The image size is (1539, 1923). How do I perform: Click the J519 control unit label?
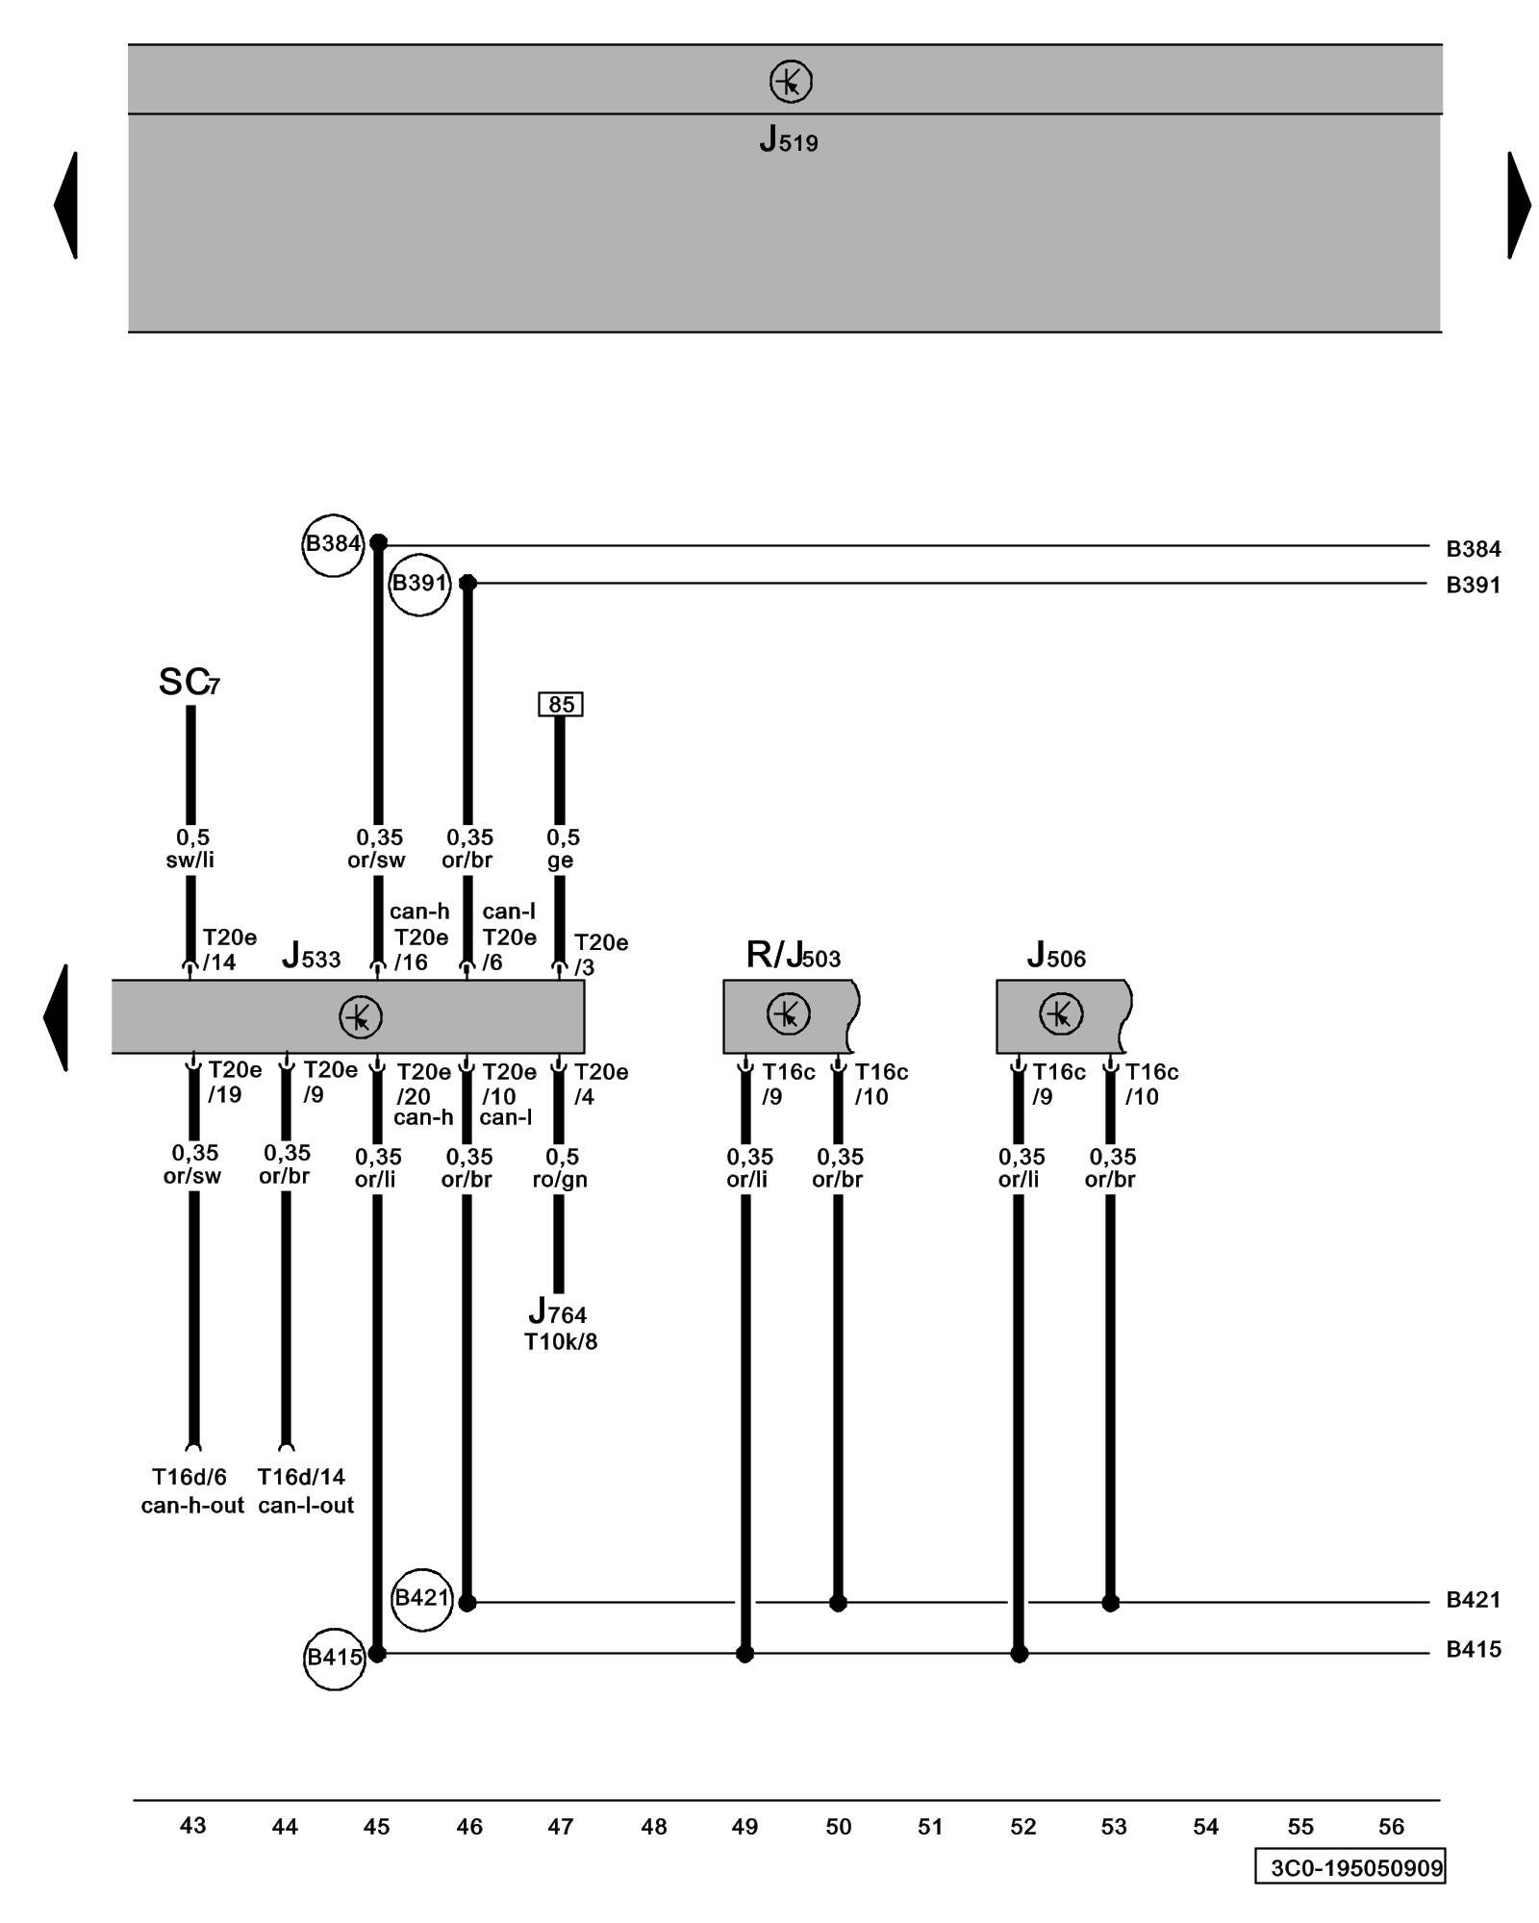tap(788, 141)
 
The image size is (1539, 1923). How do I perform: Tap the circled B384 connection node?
tap(333, 544)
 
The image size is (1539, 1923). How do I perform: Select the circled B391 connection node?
tap(419, 584)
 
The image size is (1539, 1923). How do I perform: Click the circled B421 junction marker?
tap(422, 1598)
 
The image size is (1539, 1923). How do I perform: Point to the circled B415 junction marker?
tap(334, 1658)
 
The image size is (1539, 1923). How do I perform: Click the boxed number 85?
tap(561, 705)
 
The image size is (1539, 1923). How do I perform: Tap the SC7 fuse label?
tap(189, 683)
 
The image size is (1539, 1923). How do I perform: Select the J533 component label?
tap(311, 957)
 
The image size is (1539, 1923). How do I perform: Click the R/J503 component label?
tap(793, 956)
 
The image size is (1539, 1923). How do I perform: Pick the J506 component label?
tap(1055, 956)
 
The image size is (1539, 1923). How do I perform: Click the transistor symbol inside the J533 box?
tap(361, 1016)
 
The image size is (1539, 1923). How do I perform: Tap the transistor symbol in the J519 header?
tap(791, 82)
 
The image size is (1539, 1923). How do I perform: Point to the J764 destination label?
tap(557, 1312)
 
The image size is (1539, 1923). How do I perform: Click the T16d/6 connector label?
tap(189, 1477)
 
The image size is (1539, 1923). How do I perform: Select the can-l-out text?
tap(306, 1506)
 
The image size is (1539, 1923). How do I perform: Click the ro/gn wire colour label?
tap(560, 1180)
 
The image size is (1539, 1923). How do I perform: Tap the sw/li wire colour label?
tap(189, 861)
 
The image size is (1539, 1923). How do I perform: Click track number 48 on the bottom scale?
tap(653, 1826)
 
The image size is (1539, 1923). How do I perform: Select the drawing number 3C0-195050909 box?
tap(1350, 1867)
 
